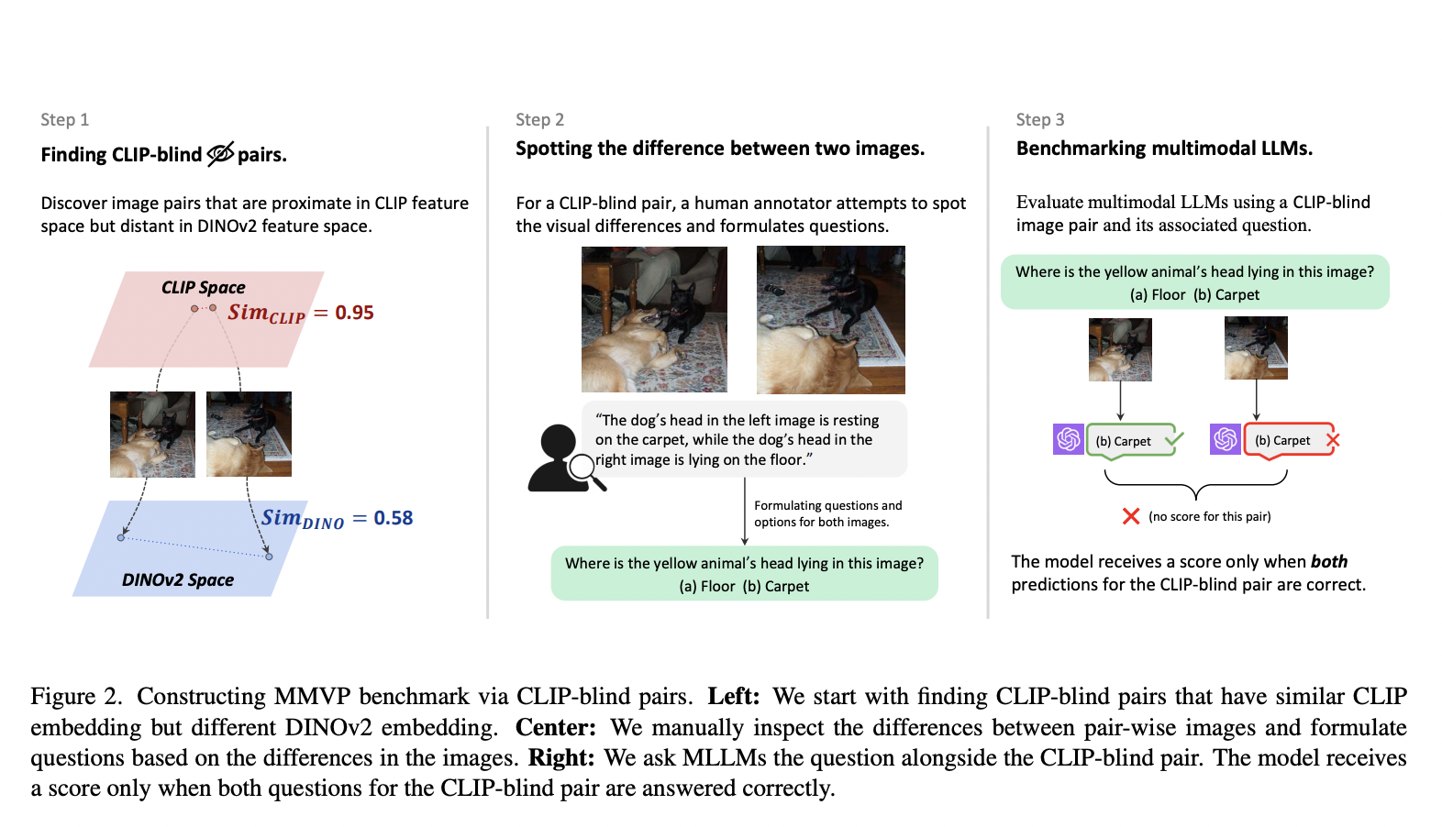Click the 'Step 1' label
click(x=64, y=120)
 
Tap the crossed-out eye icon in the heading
click(x=220, y=154)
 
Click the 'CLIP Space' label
click(x=203, y=288)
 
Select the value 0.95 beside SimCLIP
click(x=354, y=313)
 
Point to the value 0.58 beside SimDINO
click(x=393, y=518)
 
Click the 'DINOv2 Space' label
click(x=178, y=580)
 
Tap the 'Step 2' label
click(x=539, y=120)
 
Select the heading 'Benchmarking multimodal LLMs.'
click(x=1163, y=149)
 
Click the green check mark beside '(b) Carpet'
click(x=1174, y=439)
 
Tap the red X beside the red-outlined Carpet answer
click(x=1333, y=440)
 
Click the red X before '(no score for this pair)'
click(x=1131, y=516)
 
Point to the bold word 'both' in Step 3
click(x=1328, y=562)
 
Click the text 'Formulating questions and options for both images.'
click(x=827, y=513)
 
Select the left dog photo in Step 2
click(x=654, y=319)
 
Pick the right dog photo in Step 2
click(x=830, y=319)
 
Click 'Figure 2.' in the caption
click(x=75, y=697)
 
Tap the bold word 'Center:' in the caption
click(x=555, y=728)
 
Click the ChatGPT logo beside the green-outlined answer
click(x=1069, y=440)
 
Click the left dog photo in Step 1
click(x=152, y=435)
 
